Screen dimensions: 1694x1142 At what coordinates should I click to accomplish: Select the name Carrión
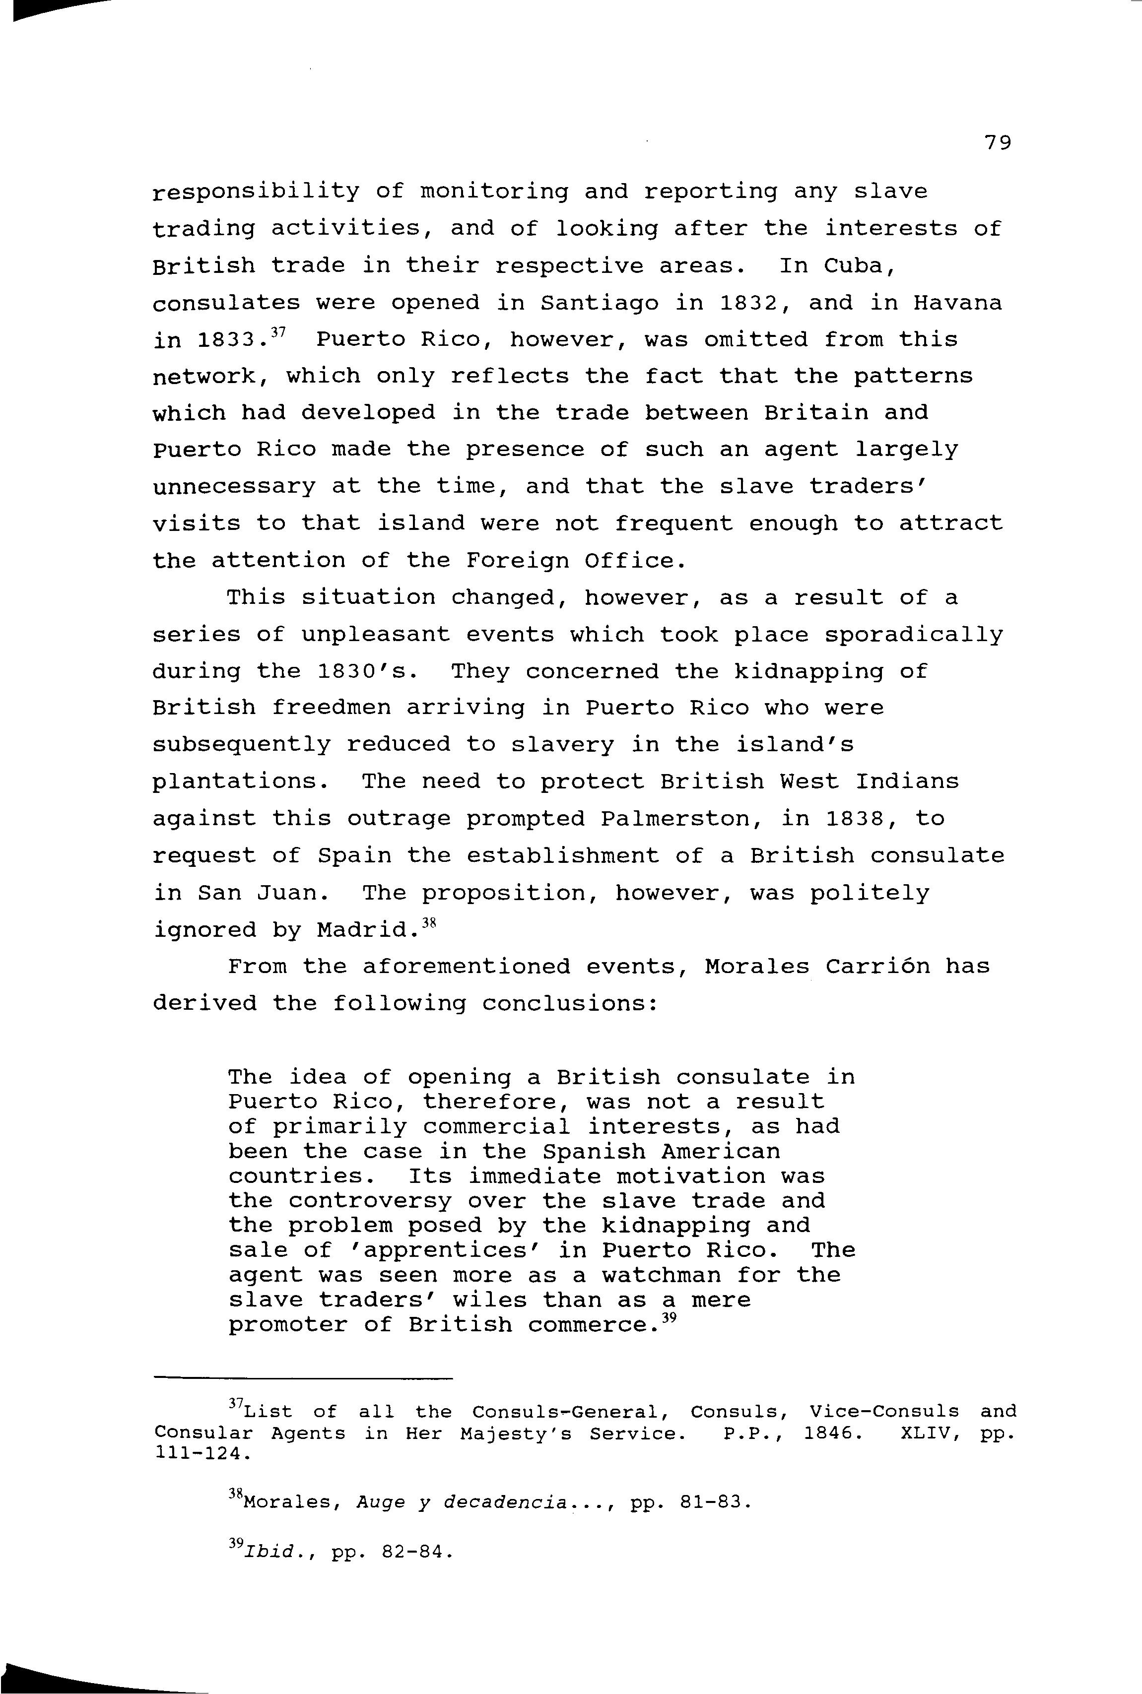(877, 967)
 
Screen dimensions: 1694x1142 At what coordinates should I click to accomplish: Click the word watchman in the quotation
(661, 1275)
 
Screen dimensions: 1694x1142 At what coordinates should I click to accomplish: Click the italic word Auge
(380, 1502)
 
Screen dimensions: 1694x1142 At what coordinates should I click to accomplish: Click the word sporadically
(913, 635)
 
